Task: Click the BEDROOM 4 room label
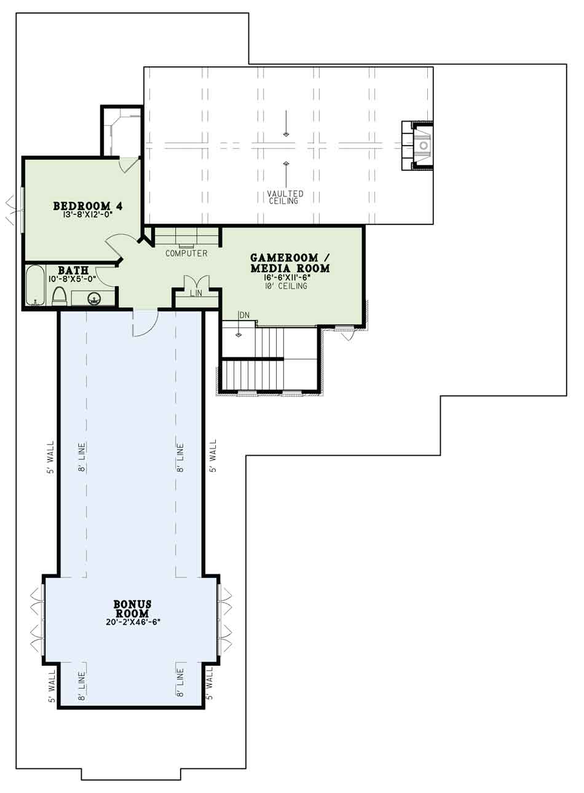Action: pos(82,205)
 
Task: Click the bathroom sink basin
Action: pos(94,299)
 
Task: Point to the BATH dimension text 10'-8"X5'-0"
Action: pos(73,279)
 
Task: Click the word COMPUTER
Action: pos(186,253)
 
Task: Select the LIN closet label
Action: pos(195,294)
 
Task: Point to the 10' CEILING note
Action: pos(286,286)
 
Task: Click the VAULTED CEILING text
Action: pos(285,197)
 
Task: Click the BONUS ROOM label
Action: pos(132,609)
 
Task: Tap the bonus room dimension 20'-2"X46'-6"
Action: pos(133,622)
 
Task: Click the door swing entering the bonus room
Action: pos(145,323)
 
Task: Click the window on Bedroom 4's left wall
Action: pos(22,209)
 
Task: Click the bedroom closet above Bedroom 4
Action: pos(122,130)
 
